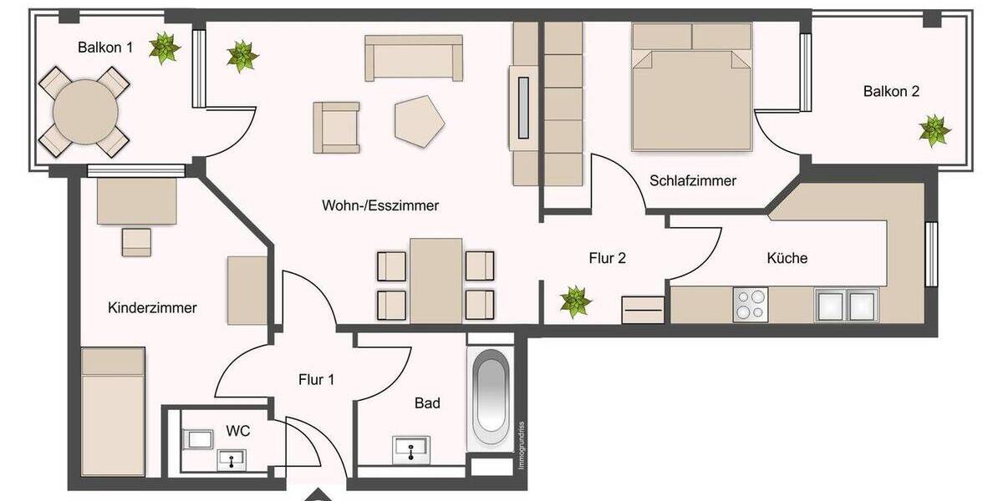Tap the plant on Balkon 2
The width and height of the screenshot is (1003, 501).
tap(934, 131)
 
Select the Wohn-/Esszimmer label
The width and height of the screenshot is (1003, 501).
tap(379, 205)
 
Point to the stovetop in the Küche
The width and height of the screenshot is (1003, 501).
tap(750, 304)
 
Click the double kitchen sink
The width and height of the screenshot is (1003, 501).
tap(847, 305)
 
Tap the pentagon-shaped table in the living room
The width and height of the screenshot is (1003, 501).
tap(419, 119)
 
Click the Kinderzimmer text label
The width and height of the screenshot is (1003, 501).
tap(152, 308)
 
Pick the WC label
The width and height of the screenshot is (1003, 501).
tap(238, 431)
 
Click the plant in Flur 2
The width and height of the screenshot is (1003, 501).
tap(575, 301)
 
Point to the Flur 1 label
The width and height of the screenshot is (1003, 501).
tap(316, 380)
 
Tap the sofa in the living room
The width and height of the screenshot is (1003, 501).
tap(414, 58)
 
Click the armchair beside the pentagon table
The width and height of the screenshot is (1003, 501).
tap(337, 128)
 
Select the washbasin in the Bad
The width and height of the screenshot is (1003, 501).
tap(411, 449)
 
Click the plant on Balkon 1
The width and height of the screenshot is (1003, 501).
tap(164, 48)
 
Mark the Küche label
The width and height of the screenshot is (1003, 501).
tap(787, 258)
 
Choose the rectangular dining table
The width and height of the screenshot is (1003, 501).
tap(435, 280)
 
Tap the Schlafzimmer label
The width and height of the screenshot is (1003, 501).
tap(693, 180)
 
